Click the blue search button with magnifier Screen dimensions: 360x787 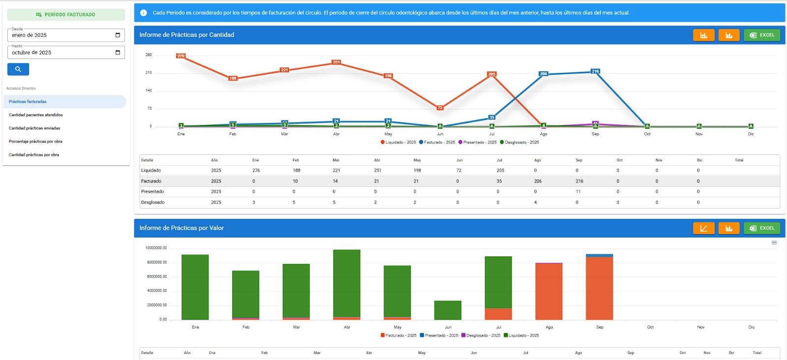tap(18, 69)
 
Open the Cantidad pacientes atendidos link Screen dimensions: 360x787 tap(36, 115)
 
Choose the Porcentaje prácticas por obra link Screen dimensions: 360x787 tap(35, 142)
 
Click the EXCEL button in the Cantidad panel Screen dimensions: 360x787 tap(761, 35)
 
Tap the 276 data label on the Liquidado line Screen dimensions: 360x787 tap(181, 56)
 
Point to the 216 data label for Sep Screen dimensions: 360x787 tap(595, 71)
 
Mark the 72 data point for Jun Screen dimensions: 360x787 tap(440, 108)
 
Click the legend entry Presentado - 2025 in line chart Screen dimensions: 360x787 tap(477, 142)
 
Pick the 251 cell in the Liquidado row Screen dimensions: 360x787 tap(378, 171)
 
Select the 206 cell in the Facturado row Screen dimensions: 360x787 tap(538, 181)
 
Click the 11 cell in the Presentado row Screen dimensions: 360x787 tap(578, 192)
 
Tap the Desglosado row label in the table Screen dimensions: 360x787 tap(153, 203)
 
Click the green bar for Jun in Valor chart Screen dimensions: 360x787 tap(448, 310)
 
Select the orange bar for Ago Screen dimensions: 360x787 tap(549, 292)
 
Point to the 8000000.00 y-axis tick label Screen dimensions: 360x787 tap(157, 262)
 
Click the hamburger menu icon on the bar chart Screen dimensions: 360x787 tap(774, 243)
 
